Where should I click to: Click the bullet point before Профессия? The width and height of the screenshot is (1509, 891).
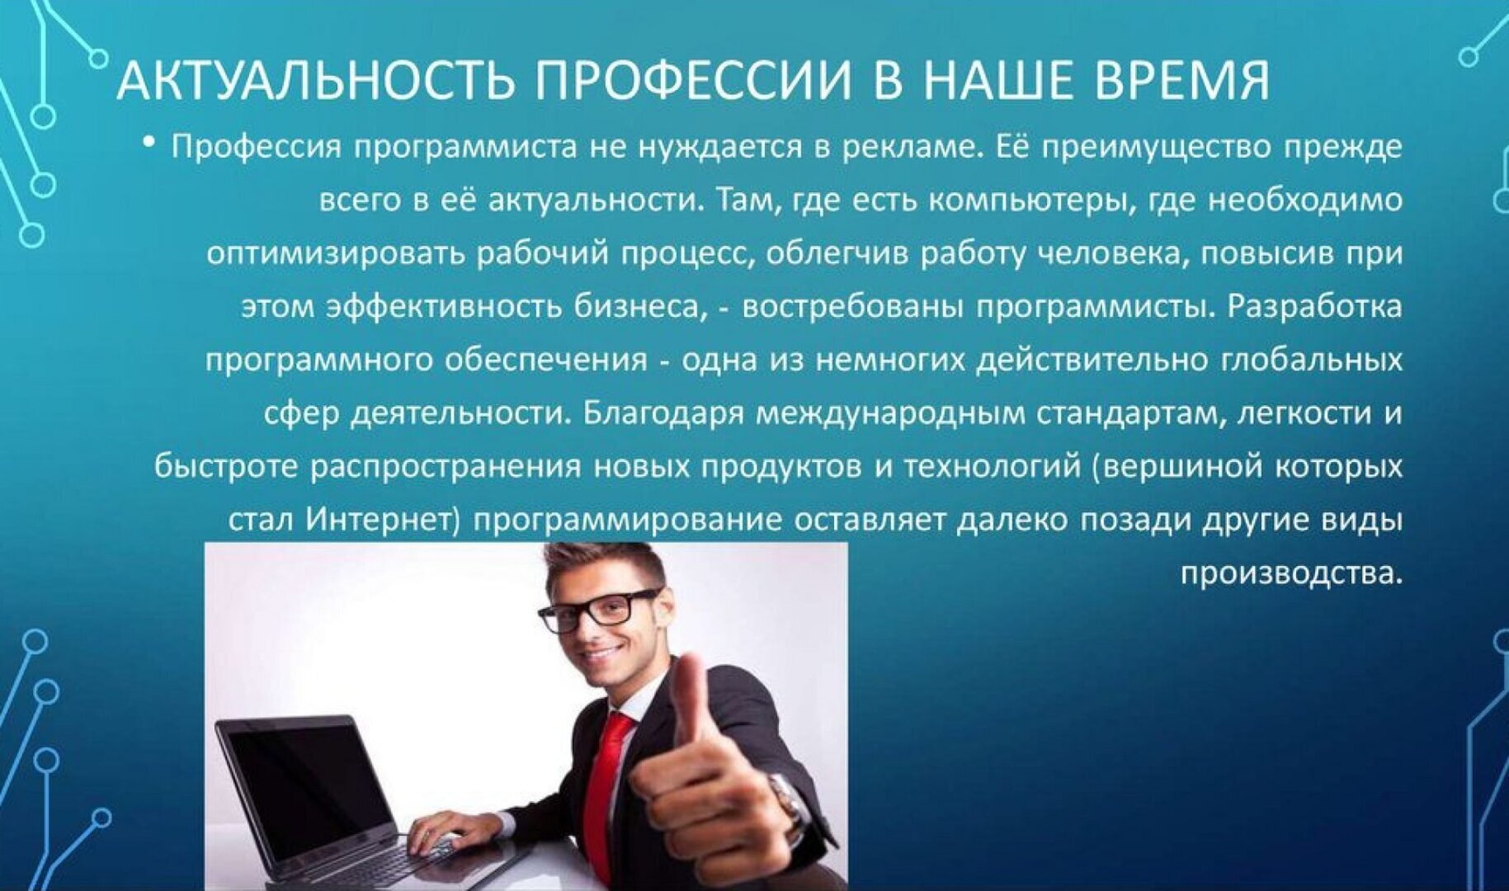149,144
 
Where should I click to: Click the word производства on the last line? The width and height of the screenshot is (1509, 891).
1291,573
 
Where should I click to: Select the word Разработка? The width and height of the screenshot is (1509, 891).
1315,306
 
